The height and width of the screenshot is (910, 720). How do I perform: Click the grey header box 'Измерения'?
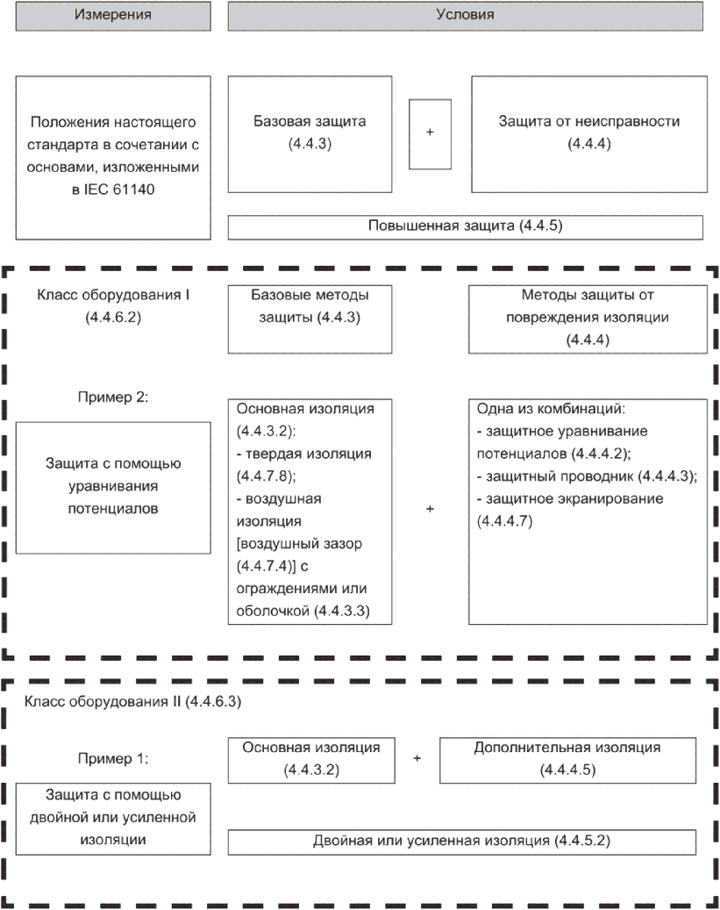(113, 16)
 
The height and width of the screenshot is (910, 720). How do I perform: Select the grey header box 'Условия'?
(466, 16)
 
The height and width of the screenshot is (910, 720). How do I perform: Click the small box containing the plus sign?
(430, 133)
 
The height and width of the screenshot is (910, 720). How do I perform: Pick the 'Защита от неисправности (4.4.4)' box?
(588, 133)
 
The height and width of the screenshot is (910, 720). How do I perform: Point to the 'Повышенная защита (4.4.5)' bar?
(466, 226)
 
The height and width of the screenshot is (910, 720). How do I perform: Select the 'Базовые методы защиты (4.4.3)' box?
(310, 305)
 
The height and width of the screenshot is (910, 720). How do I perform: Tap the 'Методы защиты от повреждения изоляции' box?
(587, 317)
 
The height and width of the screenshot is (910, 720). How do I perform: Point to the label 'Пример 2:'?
(114, 397)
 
